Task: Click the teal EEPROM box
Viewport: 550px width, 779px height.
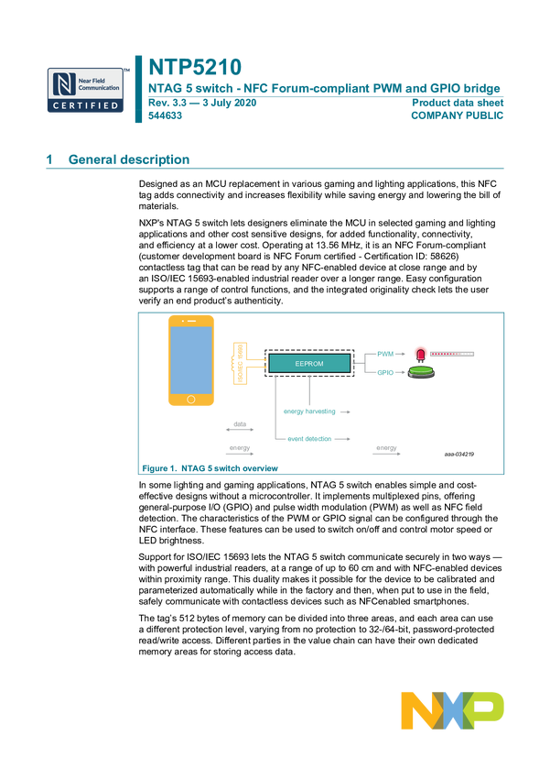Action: coord(309,364)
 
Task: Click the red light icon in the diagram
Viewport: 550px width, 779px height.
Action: coord(421,353)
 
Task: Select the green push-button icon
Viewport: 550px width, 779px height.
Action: coord(421,373)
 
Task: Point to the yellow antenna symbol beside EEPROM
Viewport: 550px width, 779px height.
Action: coord(241,362)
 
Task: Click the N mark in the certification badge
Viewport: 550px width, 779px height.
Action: coord(62,83)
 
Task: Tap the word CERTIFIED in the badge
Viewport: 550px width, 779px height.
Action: coord(85,106)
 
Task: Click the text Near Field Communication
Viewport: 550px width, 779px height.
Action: coord(100,83)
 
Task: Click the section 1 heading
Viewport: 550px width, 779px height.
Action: coord(119,159)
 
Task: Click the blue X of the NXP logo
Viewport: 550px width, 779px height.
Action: coord(453,711)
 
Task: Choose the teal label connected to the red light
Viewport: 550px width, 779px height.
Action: coord(384,353)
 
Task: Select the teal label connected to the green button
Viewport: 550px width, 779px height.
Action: coord(384,372)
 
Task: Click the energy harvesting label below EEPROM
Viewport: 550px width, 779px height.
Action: coord(307,411)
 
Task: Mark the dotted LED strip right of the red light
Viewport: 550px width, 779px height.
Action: coord(454,353)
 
